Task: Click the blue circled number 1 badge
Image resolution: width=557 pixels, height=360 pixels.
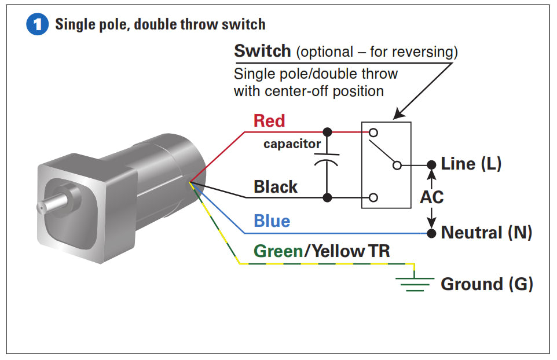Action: (37, 25)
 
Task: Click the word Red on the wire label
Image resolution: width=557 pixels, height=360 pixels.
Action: (269, 121)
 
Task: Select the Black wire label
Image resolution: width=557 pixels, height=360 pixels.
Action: (276, 187)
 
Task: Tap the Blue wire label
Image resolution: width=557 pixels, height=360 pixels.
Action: (272, 221)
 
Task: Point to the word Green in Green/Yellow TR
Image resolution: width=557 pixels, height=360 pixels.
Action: (278, 251)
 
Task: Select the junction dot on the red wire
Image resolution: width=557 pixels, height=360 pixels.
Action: (327, 131)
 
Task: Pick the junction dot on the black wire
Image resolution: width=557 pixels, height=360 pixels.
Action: (327, 197)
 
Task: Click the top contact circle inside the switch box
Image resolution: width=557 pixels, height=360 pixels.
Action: (373, 132)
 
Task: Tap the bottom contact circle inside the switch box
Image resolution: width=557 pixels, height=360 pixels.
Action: (373, 197)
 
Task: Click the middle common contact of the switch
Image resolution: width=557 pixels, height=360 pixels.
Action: (397, 165)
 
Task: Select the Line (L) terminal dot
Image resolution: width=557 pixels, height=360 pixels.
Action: (431, 165)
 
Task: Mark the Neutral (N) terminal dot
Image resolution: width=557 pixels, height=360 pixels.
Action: (431, 233)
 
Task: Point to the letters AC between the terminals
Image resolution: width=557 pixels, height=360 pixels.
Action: (431, 197)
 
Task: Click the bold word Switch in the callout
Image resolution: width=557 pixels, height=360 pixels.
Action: (262, 51)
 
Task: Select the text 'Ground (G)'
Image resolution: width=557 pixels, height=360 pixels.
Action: (486, 284)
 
